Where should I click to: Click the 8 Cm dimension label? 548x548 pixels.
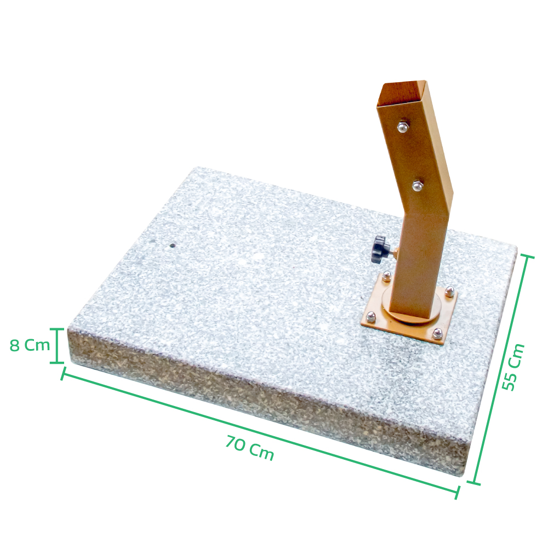pyautogui.click(x=30, y=345)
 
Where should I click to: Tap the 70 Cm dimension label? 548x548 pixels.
pyautogui.click(x=249, y=448)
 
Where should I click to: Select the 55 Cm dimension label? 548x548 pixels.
pyautogui.click(x=513, y=367)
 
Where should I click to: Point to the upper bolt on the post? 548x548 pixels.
pyautogui.click(x=403, y=127)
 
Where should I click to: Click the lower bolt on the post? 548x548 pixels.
pyautogui.click(x=417, y=186)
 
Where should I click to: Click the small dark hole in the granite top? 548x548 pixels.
pyautogui.click(x=172, y=246)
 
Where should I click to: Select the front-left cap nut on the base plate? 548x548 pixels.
pyautogui.click(x=371, y=317)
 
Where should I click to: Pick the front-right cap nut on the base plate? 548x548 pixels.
pyautogui.click(x=437, y=334)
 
